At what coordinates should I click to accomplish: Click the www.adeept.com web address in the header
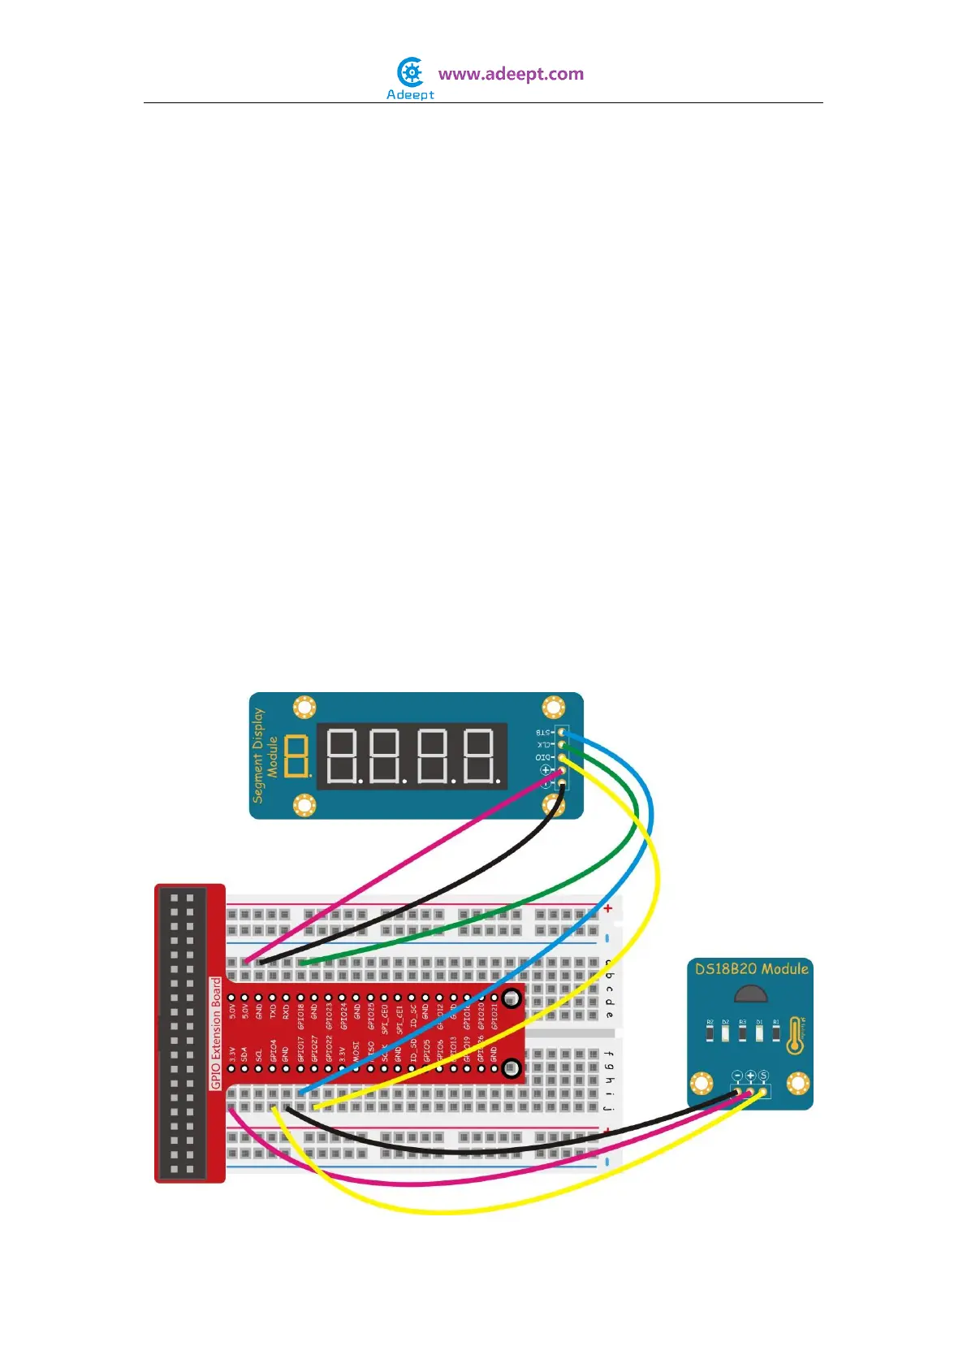(511, 74)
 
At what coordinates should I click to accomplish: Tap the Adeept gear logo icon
(412, 72)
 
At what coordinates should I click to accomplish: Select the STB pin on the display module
(560, 733)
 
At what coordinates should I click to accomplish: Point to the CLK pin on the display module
(560, 745)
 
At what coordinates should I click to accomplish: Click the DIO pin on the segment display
(560, 757)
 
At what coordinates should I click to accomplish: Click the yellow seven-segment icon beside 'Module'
(298, 755)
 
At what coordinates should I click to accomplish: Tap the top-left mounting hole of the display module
(304, 707)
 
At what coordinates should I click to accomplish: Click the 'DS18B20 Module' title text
(751, 968)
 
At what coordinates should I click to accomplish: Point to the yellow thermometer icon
(796, 1036)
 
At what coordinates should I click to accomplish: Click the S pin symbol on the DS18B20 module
(763, 1076)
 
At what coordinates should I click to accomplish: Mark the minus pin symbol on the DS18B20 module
(737, 1076)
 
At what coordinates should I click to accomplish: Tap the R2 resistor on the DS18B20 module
(710, 1032)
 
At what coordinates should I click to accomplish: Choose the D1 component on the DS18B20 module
(759, 1032)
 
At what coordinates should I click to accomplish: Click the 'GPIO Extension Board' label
(216, 1033)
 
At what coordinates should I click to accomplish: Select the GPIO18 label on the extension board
(300, 1016)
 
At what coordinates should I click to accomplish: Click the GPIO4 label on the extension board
(273, 1051)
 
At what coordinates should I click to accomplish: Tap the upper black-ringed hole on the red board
(512, 998)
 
